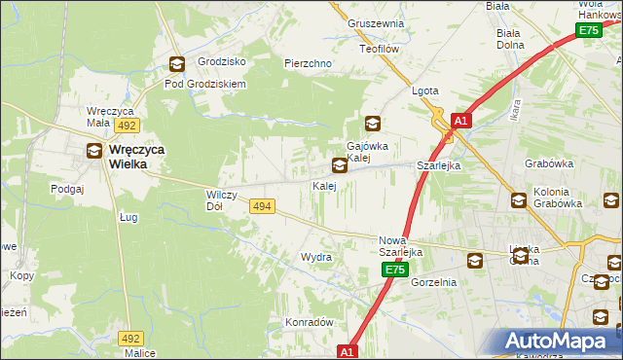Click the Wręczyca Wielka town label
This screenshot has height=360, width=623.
(128, 158)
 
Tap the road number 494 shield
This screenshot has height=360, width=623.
(261, 206)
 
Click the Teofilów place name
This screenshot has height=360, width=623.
(380, 48)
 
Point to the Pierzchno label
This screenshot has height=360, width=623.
(309, 63)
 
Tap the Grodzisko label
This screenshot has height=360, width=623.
(221, 61)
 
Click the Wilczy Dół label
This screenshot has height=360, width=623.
(215, 200)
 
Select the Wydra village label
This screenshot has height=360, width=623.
(316, 257)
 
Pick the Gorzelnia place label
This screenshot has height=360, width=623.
(433, 282)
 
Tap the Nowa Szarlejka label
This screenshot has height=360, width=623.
(399, 246)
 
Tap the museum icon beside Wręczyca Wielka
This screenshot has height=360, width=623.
(93, 150)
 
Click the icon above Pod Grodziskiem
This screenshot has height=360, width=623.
(176, 64)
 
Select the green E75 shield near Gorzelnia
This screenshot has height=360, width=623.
(393, 269)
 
